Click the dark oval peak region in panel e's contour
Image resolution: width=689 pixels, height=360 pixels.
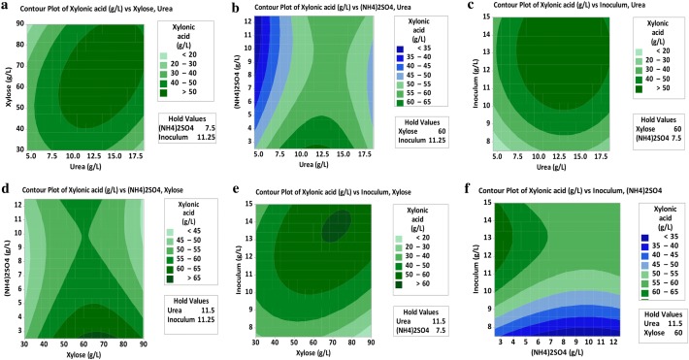[336, 227]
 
